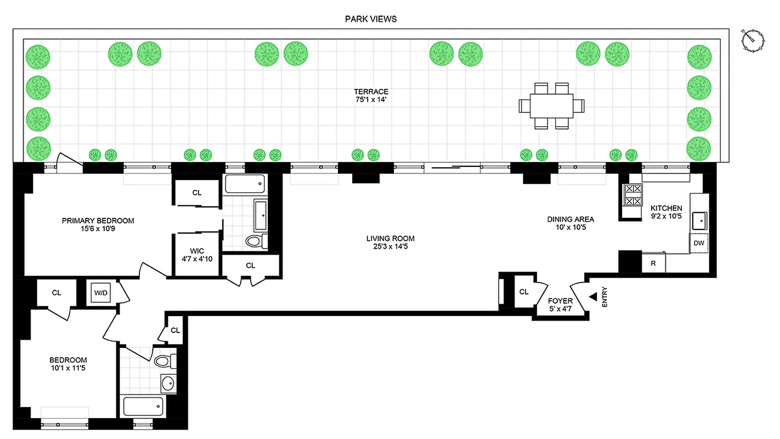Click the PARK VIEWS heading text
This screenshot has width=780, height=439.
(370, 19)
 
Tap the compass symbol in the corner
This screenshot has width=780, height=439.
(752, 40)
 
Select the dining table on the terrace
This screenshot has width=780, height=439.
(551, 105)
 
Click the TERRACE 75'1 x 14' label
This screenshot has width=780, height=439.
(371, 96)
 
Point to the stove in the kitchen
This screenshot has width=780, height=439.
(633, 195)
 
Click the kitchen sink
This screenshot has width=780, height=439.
(699, 221)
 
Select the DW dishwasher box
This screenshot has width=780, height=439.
(699, 243)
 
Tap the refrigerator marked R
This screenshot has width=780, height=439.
(653, 263)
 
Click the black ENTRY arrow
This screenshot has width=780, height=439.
(593, 296)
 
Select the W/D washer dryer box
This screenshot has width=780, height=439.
(101, 293)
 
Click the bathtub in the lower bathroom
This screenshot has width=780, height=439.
(144, 407)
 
